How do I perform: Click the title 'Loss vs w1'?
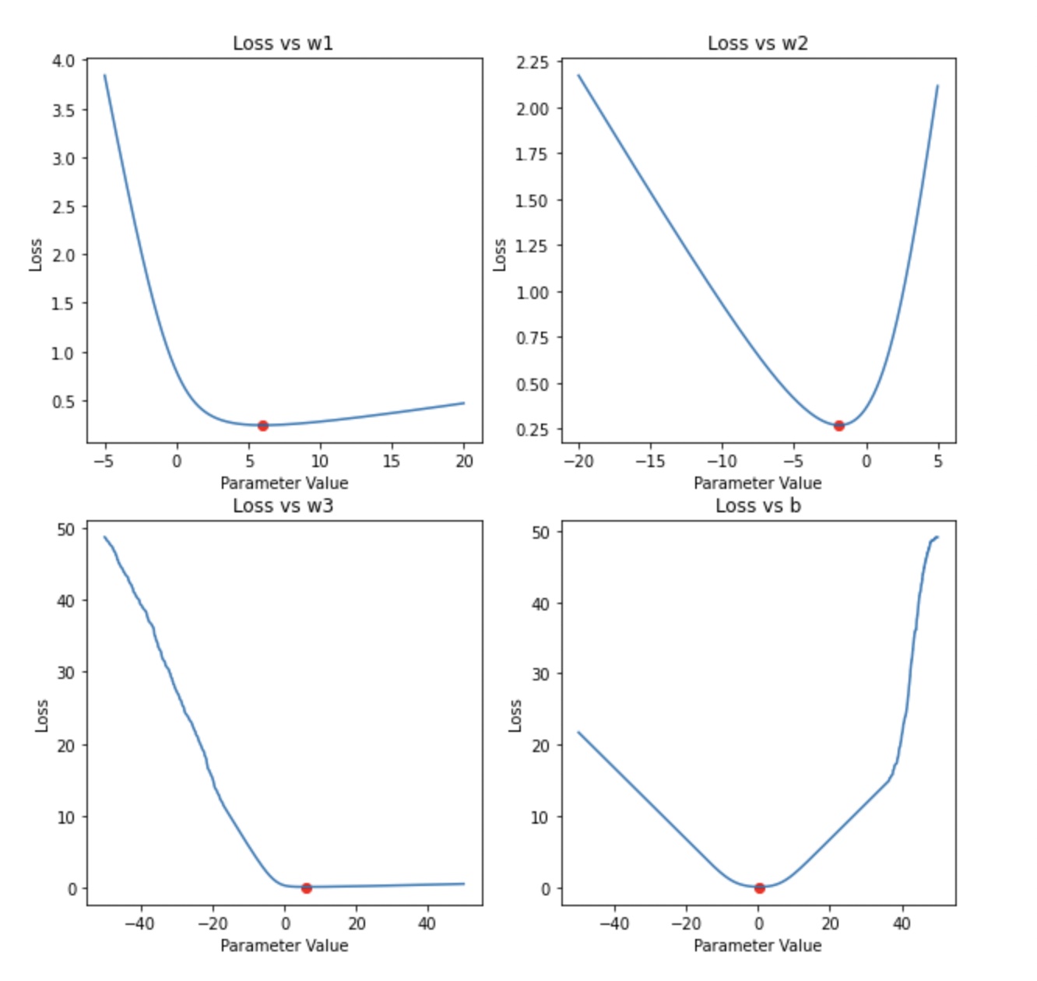(283, 44)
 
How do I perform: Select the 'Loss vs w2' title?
(758, 44)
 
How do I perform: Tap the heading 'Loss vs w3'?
(283, 506)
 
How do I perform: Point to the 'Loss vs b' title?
(758, 506)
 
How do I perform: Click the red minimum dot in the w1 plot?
(263, 426)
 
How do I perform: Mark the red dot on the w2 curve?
(838, 426)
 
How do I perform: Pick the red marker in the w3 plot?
(307, 888)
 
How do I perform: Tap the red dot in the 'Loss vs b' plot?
(760, 888)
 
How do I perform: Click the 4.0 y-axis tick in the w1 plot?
(65, 61)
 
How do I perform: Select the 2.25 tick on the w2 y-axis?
(533, 62)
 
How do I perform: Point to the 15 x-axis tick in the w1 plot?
(391, 462)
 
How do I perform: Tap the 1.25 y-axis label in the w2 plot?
(533, 246)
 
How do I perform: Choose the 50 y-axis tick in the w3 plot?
(66, 529)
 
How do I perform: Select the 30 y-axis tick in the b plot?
(540, 674)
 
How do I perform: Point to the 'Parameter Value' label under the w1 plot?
(284, 483)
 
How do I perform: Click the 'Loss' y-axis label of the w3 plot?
(42, 716)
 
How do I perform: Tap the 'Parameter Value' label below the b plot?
(758, 946)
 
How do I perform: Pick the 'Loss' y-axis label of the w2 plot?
(500, 255)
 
